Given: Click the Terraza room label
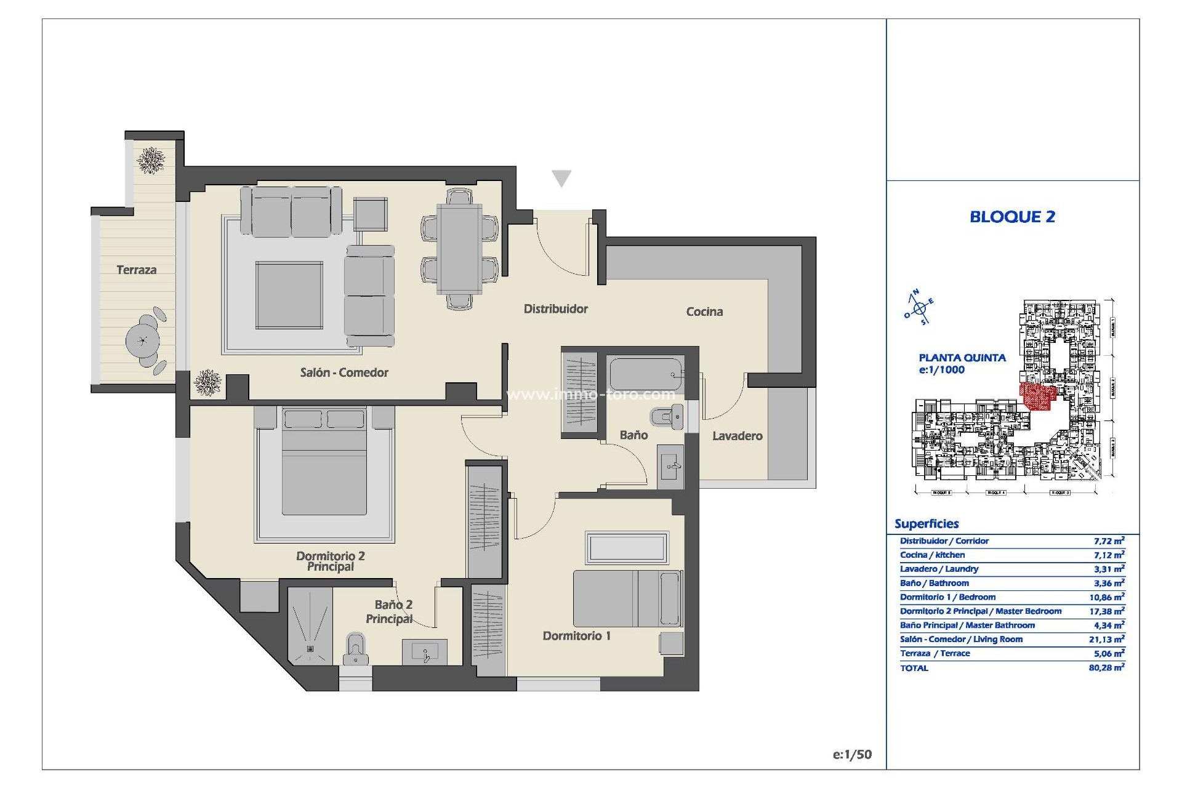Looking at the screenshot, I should (136, 270).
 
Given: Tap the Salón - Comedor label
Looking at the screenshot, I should (344, 372).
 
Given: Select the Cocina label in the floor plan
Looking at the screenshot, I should (704, 312).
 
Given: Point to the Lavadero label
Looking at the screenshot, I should (737, 436).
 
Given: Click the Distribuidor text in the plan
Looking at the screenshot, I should (555, 309).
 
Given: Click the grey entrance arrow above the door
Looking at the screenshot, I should (561, 179).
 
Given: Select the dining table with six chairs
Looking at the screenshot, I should (459, 249).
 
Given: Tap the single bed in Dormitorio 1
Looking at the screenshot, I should (627, 598).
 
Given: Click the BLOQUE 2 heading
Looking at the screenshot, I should (1012, 217).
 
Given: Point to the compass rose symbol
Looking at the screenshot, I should (919, 308).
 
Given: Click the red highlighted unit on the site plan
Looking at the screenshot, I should (1038, 396).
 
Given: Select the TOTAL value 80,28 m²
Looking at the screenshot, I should (1106, 667).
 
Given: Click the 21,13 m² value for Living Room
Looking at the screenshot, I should (1106, 640).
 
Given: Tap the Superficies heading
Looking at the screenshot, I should (926, 524).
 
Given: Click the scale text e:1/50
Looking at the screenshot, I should (852, 755).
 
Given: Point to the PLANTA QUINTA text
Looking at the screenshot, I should (962, 358).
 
